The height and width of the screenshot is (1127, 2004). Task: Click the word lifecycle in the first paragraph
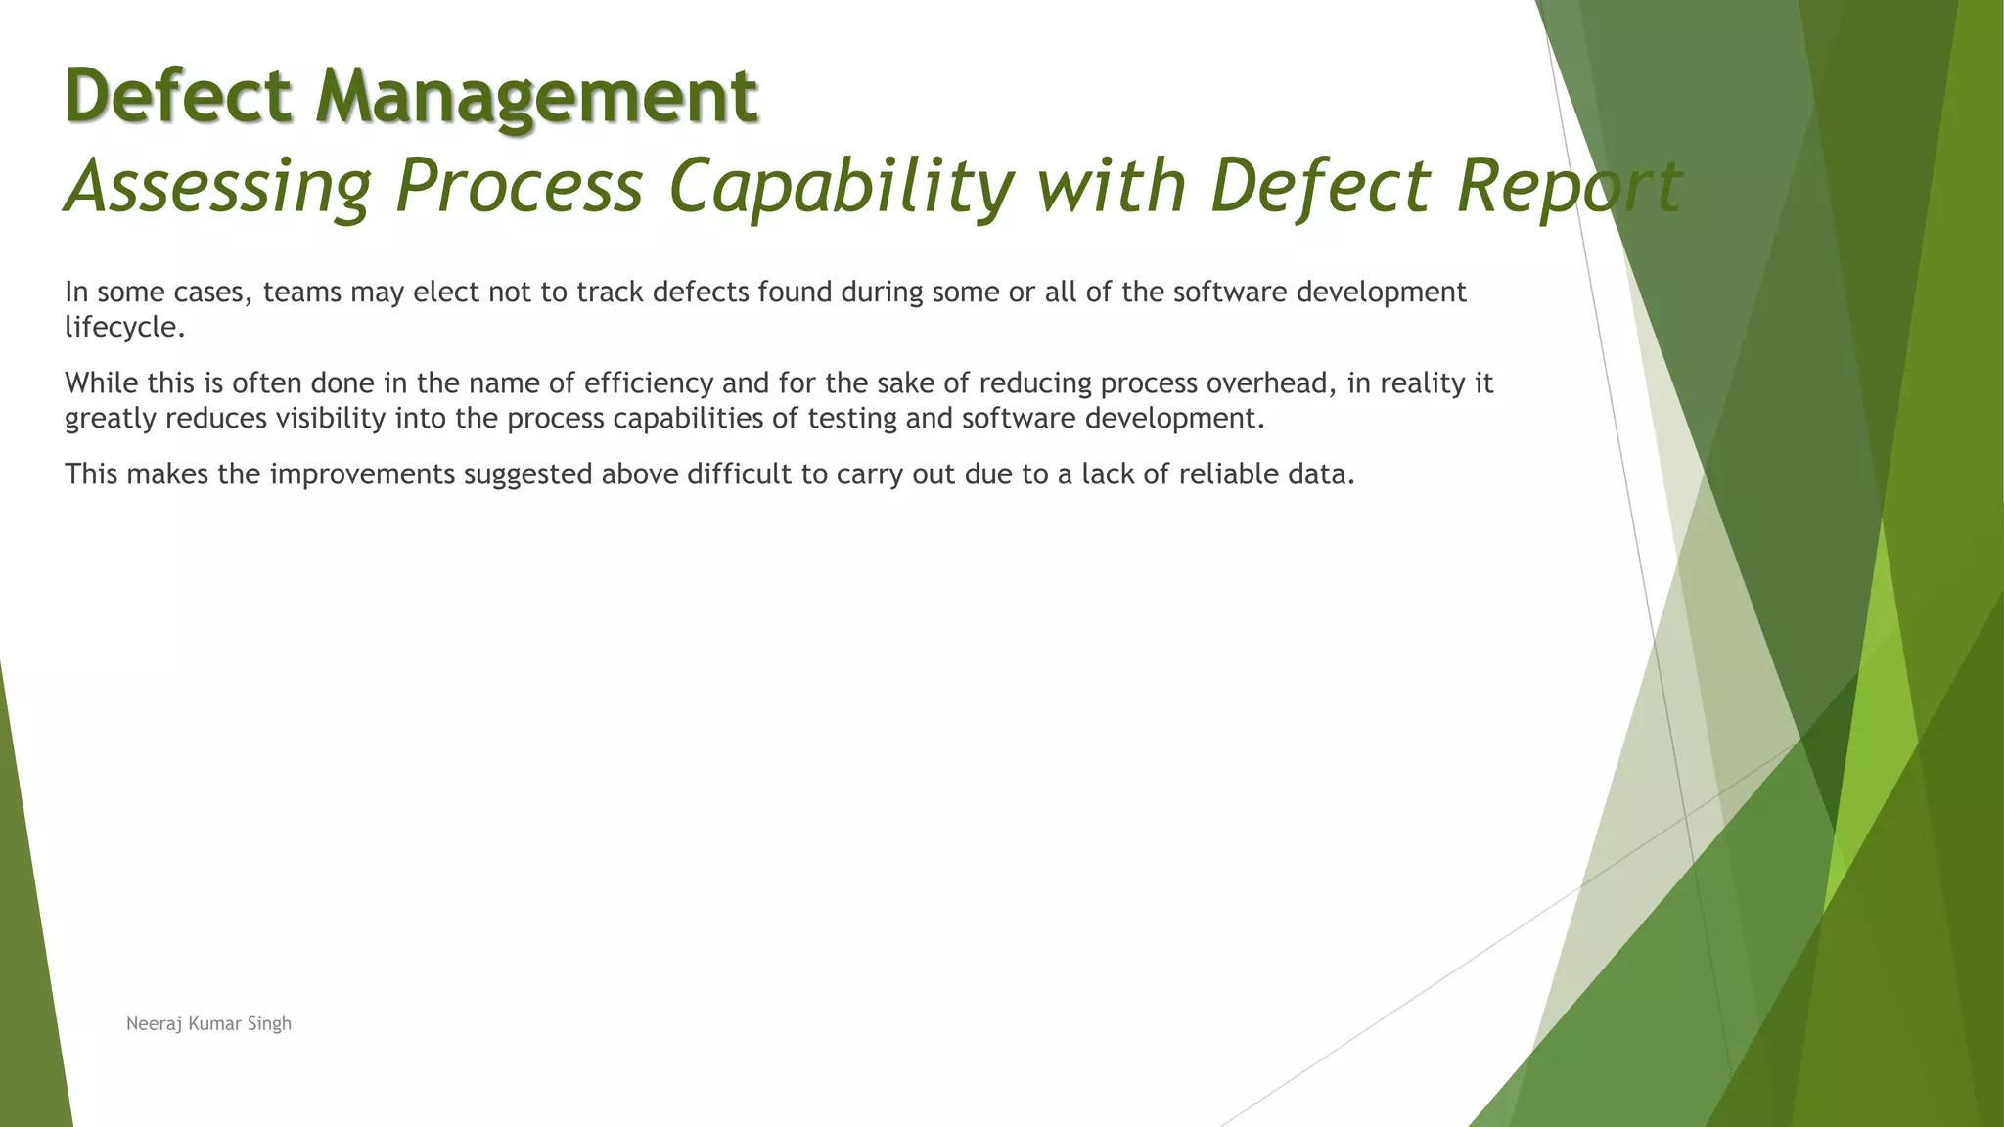122,327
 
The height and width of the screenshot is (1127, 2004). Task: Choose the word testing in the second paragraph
851,419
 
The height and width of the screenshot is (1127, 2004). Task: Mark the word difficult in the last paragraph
739,474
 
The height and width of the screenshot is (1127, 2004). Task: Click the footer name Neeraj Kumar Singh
208,1023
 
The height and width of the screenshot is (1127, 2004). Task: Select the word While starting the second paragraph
101,383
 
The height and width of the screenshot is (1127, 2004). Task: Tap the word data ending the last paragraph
1326,474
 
